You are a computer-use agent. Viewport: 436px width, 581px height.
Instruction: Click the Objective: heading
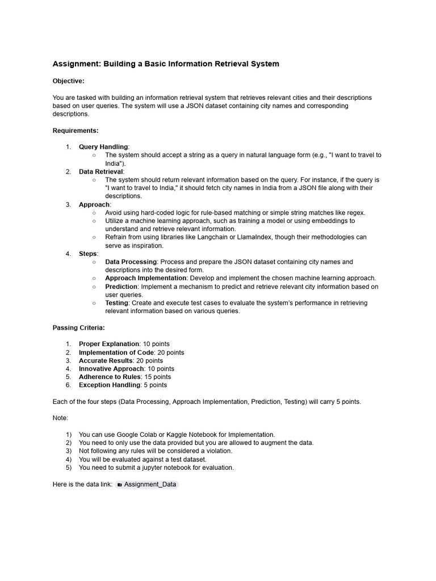68,81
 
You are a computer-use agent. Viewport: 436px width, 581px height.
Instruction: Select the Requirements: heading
76,130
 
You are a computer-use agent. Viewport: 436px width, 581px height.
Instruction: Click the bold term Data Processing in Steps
131,262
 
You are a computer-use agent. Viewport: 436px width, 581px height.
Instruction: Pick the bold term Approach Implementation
146,279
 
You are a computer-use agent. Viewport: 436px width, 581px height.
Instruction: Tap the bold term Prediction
121,287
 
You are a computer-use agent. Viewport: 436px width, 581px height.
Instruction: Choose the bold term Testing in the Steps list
117,303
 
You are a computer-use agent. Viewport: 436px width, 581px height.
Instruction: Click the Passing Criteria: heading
78,328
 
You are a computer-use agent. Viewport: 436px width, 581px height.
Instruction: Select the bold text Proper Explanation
109,344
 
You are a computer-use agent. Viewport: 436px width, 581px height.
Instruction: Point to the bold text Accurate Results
106,360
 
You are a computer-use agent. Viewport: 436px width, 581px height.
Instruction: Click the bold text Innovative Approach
111,369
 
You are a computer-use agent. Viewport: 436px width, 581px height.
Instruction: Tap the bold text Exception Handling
110,385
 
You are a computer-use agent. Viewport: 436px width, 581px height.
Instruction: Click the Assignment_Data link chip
147,485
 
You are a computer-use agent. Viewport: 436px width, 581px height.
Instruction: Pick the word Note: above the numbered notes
60,418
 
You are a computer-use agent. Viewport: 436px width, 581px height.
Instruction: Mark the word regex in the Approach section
355,212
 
